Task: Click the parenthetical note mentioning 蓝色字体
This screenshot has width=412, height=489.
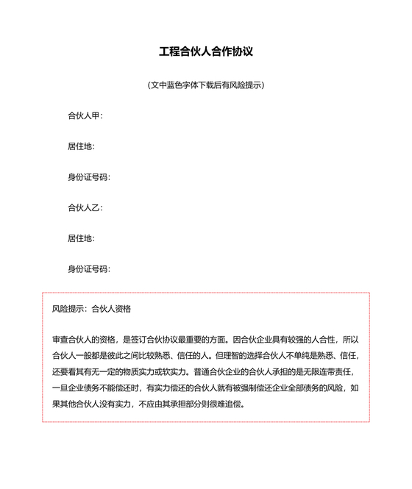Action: (x=206, y=85)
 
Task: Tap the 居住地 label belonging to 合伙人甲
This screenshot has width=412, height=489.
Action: (x=80, y=146)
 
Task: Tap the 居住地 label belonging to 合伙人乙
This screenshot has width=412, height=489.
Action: (x=80, y=238)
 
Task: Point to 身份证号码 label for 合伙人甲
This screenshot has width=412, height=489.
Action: (x=88, y=177)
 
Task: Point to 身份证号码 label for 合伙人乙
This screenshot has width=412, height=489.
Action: (x=88, y=268)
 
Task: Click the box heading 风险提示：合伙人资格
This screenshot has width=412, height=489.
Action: (x=91, y=309)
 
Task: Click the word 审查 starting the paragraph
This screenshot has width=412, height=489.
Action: (x=60, y=340)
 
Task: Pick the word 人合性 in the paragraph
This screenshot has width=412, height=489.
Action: (x=321, y=340)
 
